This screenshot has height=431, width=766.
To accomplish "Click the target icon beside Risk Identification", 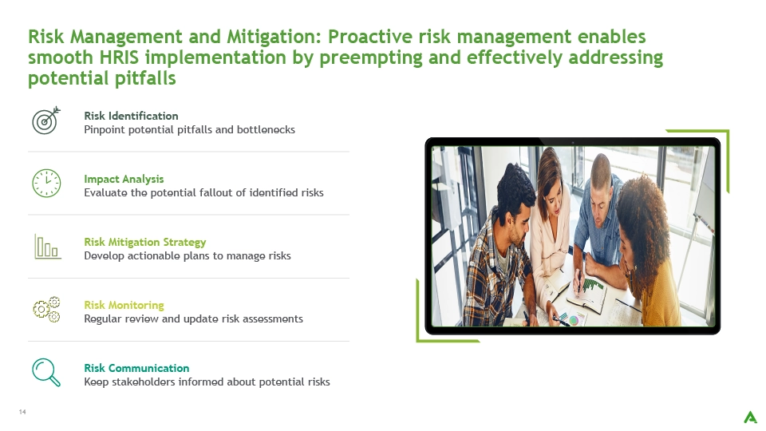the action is tap(46, 121).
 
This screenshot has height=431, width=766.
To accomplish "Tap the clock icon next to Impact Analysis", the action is tap(46, 184).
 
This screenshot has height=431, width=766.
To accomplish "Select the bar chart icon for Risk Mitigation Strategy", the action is tap(47, 246).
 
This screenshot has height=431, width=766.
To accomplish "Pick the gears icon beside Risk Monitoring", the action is tap(46, 310).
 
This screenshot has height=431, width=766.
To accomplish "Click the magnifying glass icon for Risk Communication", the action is tap(46, 373).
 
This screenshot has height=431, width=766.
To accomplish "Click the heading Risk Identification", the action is tap(131, 116).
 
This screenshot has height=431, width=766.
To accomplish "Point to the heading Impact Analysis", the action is tap(124, 179).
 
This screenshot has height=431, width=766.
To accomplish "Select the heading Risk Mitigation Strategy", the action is tap(145, 242).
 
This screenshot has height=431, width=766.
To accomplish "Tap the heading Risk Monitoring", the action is tap(124, 305).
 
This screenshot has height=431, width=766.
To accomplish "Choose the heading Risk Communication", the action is tap(136, 368).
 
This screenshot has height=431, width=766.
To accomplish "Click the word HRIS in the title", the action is tap(119, 57).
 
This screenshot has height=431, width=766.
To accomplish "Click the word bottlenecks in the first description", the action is tap(266, 129).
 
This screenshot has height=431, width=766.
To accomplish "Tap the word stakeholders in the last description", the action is tap(143, 382).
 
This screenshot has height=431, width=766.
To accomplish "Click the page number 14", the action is tap(22, 412).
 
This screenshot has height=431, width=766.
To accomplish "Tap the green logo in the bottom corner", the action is tap(750, 417).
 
